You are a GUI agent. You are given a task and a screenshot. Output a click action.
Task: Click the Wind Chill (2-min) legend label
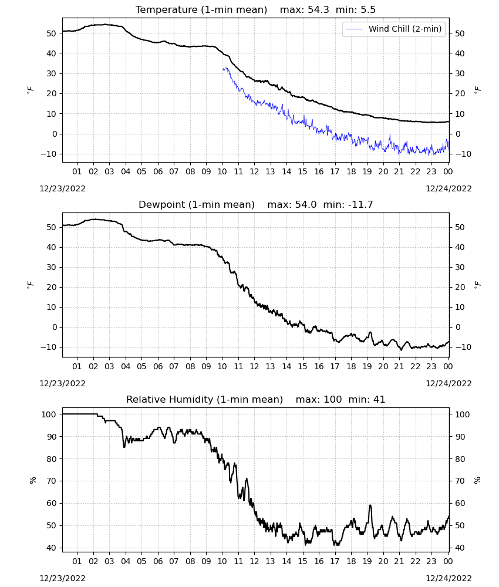(x=405, y=29)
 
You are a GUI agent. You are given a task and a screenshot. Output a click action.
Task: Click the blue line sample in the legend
(x=354, y=29)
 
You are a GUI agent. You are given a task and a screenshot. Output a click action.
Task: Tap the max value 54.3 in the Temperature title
(x=318, y=10)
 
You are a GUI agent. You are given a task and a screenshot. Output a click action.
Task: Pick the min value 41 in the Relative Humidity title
(x=379, y=399)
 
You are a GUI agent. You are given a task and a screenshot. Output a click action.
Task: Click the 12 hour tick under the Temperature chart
(x=254, y=171)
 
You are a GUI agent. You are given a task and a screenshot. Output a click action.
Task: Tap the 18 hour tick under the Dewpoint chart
(x=351, y=366)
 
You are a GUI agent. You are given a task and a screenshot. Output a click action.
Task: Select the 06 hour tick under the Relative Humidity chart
(x=158, y=561)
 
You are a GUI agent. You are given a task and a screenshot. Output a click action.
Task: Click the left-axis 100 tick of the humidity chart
(x=49, y=414)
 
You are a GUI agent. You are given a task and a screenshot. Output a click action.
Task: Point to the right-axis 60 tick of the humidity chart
(x=460, y=503)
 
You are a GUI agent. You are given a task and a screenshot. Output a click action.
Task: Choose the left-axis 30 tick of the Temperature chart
(x=51, y=73)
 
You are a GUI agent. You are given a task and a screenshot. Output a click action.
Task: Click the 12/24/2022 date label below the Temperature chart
(x=449, y=188)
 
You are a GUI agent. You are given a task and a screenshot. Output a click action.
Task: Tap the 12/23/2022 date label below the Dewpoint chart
(x=62, y=383)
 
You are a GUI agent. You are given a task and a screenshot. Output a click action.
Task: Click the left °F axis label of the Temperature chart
(x=31, y=90)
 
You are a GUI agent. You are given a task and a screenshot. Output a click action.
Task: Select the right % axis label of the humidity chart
(x=477, y=480)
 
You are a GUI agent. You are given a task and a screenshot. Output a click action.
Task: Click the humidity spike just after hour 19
(x=370, y=505)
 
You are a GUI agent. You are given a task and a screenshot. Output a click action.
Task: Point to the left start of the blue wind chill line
(x=222, y=69)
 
